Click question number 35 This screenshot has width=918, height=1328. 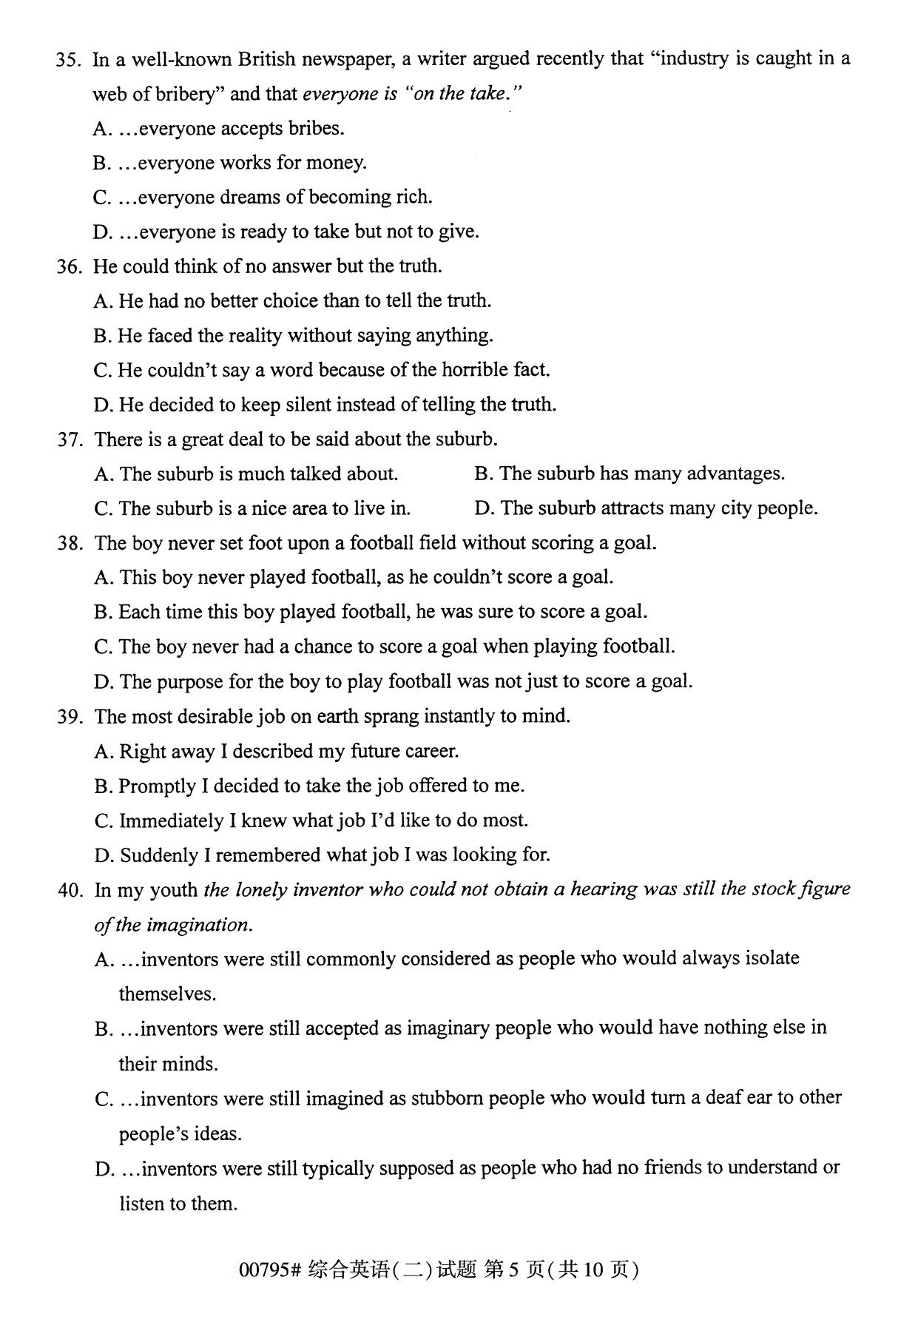[x=68, y=60]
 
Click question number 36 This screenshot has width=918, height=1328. [x=69, y=267]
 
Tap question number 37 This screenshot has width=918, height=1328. [x=69, y=440]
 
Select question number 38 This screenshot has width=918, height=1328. [x=69, y=544]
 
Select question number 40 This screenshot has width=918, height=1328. [x=70, y=890]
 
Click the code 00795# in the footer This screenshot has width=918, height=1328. [x=269, y=1270]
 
